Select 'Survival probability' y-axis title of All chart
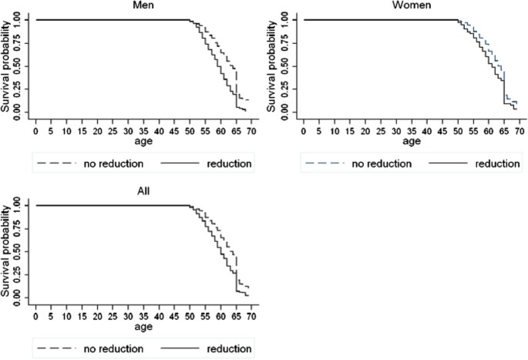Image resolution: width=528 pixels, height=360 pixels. point(6,252)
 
